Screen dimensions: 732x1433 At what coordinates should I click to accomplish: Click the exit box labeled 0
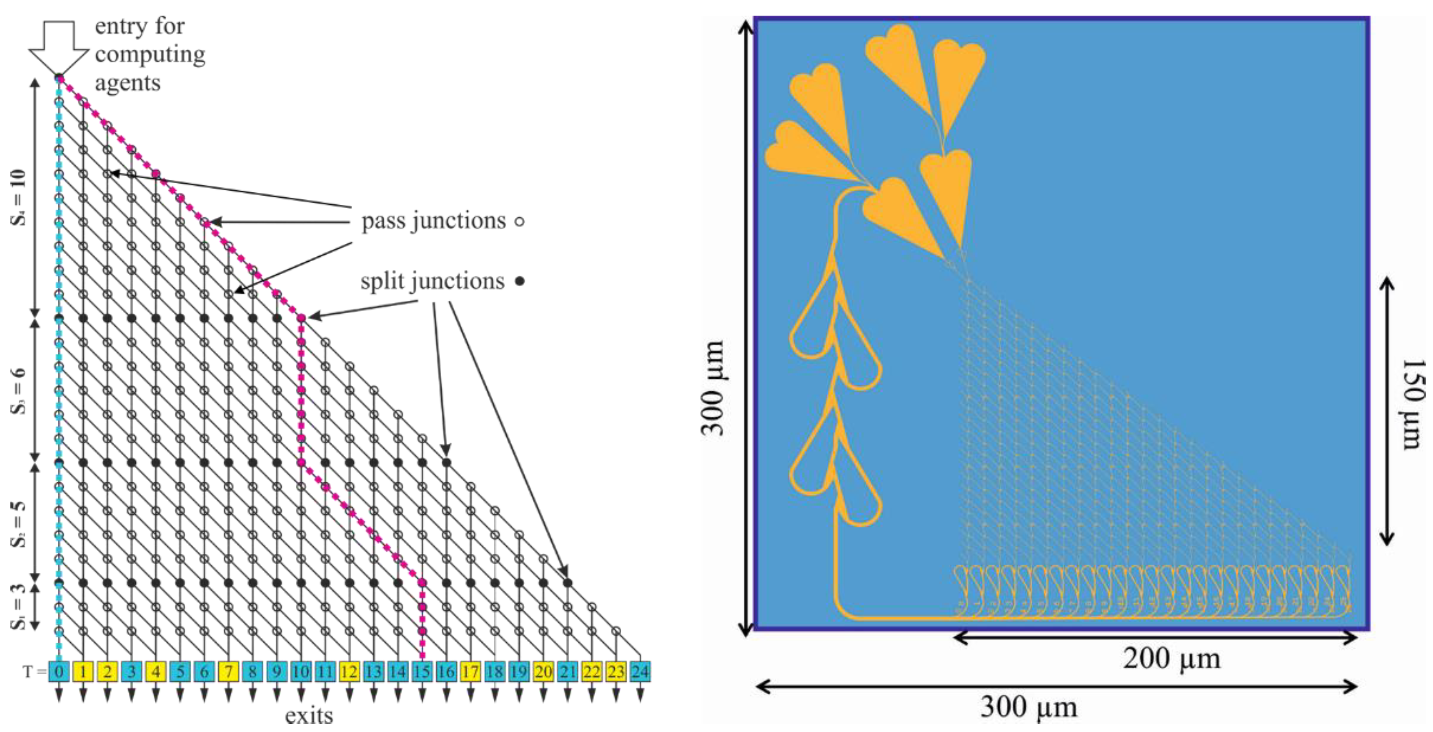(x=59, y=671)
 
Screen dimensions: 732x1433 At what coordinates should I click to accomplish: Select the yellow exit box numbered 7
(x=229, y=671)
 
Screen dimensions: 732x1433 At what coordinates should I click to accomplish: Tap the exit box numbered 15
(x=422, y=671)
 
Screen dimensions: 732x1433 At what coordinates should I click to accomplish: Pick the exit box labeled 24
(x=640, y=671)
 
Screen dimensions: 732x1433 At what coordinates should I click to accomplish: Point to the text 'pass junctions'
(x=433, y=221)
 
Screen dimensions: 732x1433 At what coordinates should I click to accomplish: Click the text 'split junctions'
(x=432, y=281)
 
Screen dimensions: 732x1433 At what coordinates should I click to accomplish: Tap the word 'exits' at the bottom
(x=309, y=716)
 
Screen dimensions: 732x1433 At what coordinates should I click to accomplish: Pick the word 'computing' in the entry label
(x=150, y=55)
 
